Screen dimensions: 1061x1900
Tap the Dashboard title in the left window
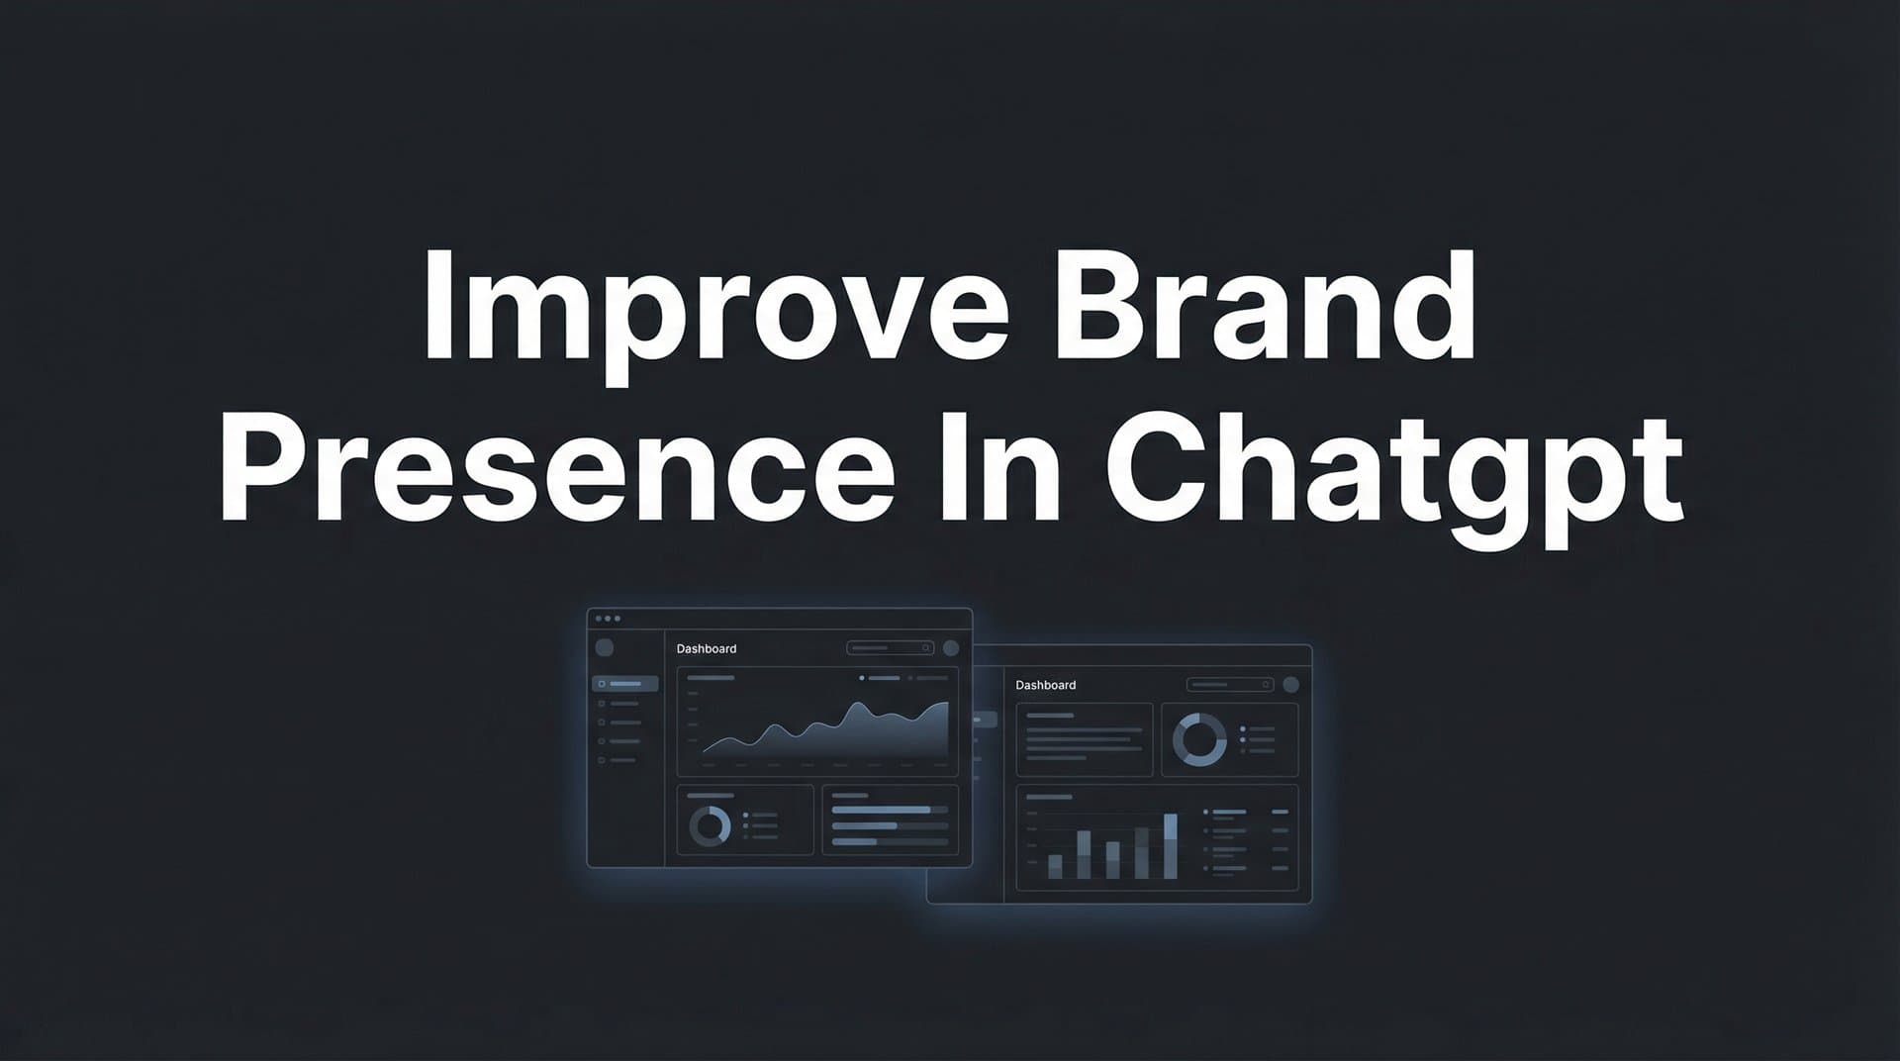[x=707, y=649]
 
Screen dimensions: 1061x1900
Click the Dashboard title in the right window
[x=1046, y=685]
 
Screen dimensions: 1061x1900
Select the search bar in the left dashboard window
[x=890, y=648]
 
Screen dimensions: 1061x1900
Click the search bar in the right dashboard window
[x=1229, y=684]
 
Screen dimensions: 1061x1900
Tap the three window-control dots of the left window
[x=608, y=619]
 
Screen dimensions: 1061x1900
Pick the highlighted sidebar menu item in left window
[x=625, y=684]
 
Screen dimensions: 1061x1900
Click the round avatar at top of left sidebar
[x=605, y=648]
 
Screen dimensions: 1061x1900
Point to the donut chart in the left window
[x=710, y=826]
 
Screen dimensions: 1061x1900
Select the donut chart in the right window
[x=1199, y=739]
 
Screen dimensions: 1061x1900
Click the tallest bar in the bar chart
[x=1171, y=846]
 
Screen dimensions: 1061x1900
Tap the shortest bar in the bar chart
[x=1055, y=867]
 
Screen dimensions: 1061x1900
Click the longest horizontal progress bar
[x=882, y=810]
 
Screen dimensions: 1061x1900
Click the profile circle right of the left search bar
[x=951, y=648]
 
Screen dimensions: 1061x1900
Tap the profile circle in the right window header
[x=1290, y=684]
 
